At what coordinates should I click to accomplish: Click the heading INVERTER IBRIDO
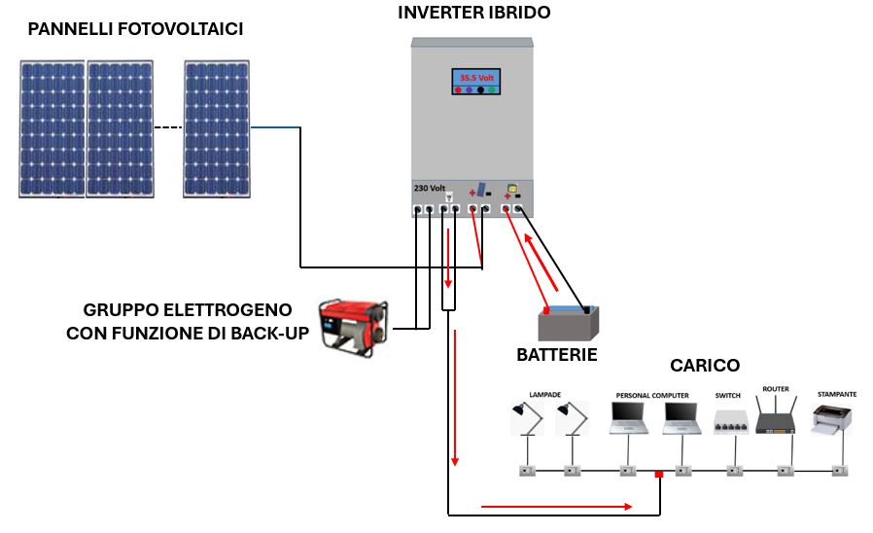(x=473, y=14)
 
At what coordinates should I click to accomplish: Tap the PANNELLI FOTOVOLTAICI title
(x=135, y=30)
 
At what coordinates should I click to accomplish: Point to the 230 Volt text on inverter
(x=429, y=188)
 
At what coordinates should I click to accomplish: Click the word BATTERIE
(x=556, y=355)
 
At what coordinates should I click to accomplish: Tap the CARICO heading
(x=705, y=366)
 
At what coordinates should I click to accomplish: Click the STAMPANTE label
(x=837, y=394)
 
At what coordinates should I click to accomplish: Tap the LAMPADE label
(x=544, y=395)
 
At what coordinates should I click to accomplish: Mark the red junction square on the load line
(x=659, y=475)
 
